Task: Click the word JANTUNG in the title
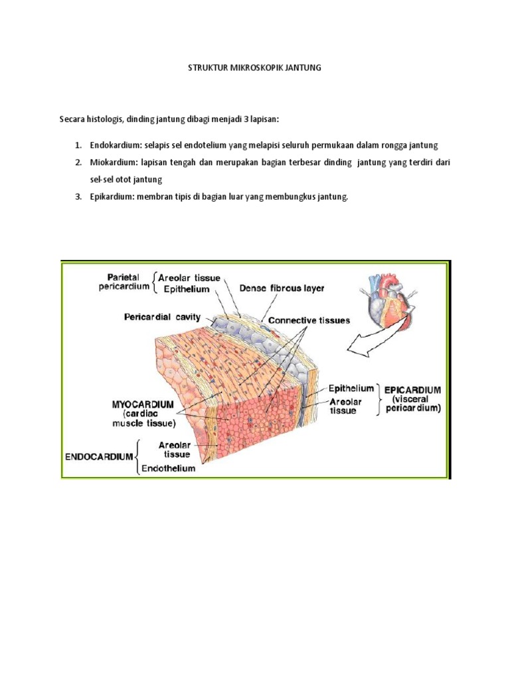point(303,68)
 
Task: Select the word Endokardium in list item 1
point(114,145)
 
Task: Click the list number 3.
point(77,197)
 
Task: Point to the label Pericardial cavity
point(163,318)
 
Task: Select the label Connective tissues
point(309,320)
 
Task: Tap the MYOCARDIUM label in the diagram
point(143,404)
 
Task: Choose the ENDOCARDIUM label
point(99,457)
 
